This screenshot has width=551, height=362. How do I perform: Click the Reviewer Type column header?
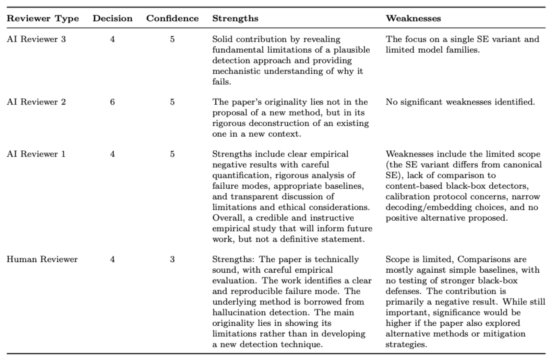pyautogui.click(x=43, y=18)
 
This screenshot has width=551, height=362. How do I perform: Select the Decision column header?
pyautogui.click(x=112, y=18)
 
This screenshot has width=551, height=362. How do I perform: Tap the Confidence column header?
pyautogui.click(x=172, y=18)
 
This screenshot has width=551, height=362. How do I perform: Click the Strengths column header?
pyautogui.click(x=235, y=18)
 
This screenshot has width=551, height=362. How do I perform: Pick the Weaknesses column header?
pyautogui.click(x=413, y=18)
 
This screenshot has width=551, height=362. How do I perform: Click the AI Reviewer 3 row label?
pyautogui.click(x=36, y=39)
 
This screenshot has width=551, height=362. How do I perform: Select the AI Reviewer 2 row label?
pyautogui.click(x=36, y=102)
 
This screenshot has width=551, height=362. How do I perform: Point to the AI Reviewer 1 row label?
pyautogui.click(x=36, y=154)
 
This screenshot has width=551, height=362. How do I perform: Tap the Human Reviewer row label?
pyautogui.click(x=42, y=259)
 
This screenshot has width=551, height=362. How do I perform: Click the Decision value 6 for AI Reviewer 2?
pyautogui.click(x=112, y=102)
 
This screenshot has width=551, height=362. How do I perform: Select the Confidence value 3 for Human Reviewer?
pyautogui.click(x=172, y=259)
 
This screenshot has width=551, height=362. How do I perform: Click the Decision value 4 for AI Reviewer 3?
pyautogui.click(x=112, y=39)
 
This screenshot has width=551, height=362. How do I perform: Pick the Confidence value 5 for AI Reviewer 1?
pyautogui.click(x=172, y=154)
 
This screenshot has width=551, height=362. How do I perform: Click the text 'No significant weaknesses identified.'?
pyautogui.click(x=460, y=102)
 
